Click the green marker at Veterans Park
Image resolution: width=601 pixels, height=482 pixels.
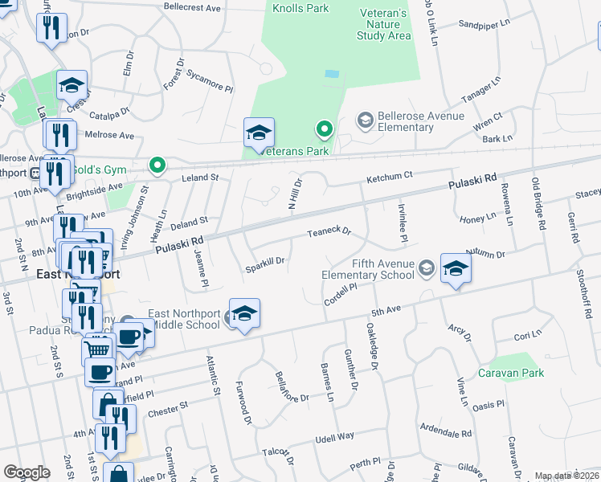pyautogui.click(x=325, y=129)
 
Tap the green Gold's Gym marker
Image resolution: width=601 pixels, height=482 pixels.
pyautogui.click(x=157, y=166)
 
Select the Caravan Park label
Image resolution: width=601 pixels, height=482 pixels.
pyautogui.click(x=511, y=373)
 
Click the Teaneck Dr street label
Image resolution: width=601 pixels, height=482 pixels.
pyautogui.click(x=329, y=233)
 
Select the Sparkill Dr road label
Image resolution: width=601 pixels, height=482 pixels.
pyautogui.click(x=265, y=262)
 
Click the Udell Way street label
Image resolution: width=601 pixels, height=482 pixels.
pyautogui.click(x=334, y=436)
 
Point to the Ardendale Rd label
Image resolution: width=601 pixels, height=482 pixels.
pyautogui.click(x=445, y=433)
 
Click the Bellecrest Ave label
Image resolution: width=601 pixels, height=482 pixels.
pyautogui.click(x=191, y=7)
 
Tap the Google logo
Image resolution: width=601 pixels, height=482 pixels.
pyautogui.click(x=27, y=472)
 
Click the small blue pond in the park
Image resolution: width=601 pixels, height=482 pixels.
pyautogui.click(x=331, y=73)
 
